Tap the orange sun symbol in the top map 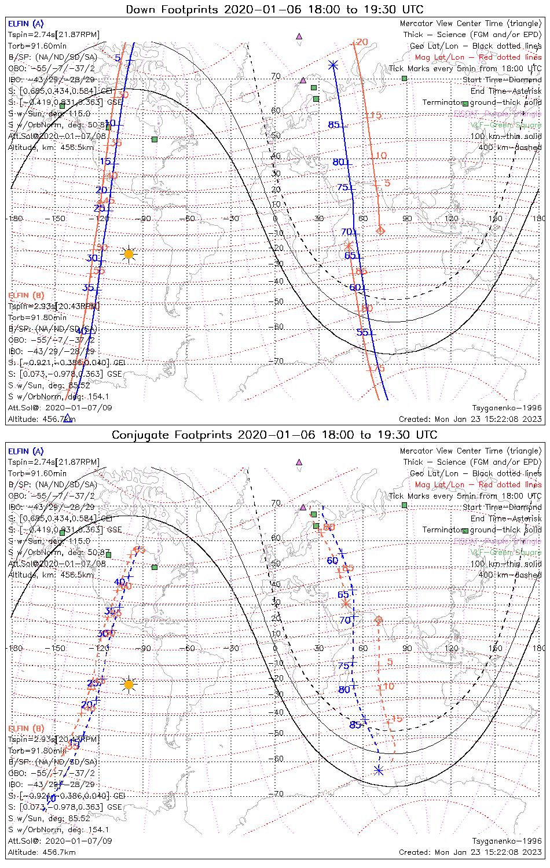pyautogui.click(x=129, y=254)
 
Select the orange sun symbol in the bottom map pyautogui.click(x=129, y=685)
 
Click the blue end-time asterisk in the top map pyautogui.click(x=332, y=65)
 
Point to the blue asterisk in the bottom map pyautogui.click(x=379, y=770)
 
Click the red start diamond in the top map pyautogui.click(x=380, y=231)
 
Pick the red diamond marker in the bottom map pyautogui.click(x=379, y=620)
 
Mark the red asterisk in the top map pyautogui.click(x=349, y=246)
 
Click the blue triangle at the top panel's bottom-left pyautogui.click(x=68, y=418)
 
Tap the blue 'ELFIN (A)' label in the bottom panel pyautogui.click(x=26, y=451)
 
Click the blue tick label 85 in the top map pyautogui.click(x=334, y=125)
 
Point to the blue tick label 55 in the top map pyautogui.click(x=362, y=332)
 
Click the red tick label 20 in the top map pyautogui.click(x=362, y=42)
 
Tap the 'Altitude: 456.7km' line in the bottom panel pyautogui.click(x=42, y=852)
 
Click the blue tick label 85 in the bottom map pyautogui.click(x=355, y=724)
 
